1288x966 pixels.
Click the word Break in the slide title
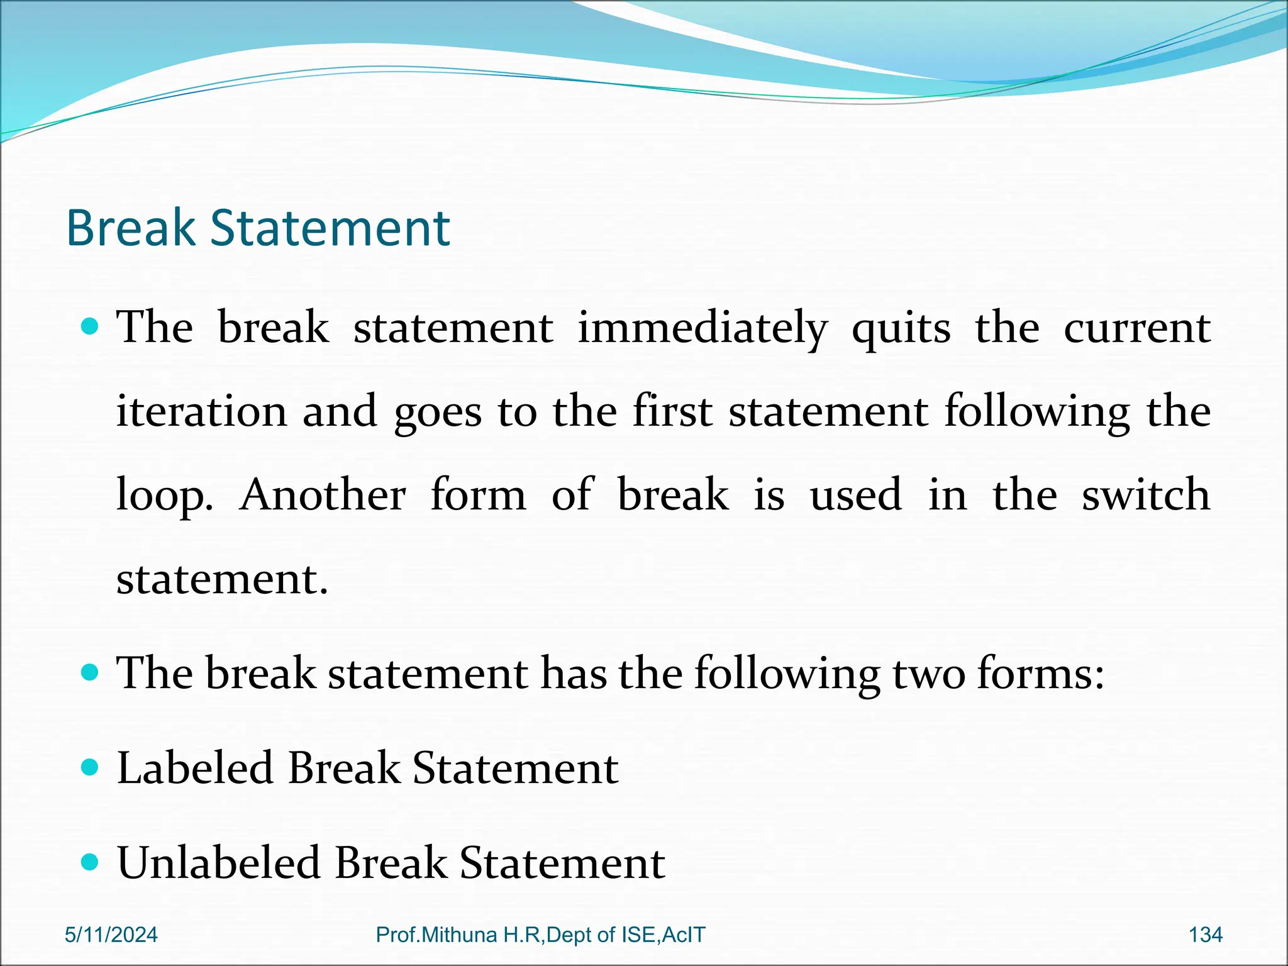coord(131,228)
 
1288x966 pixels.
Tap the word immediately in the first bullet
coord(702,328)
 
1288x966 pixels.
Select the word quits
coord(901,330)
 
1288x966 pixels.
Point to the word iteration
coord(201,411)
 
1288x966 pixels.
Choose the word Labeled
coord(195,768)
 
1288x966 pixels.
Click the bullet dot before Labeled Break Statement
coord(91,768)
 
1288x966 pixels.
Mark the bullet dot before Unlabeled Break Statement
coord(91,862)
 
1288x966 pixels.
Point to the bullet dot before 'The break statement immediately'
coord(91,327)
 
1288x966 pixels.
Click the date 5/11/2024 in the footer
coord(111,935)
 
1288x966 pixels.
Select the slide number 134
coord(1205,935)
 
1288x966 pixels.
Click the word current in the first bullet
coord(1137,328)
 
